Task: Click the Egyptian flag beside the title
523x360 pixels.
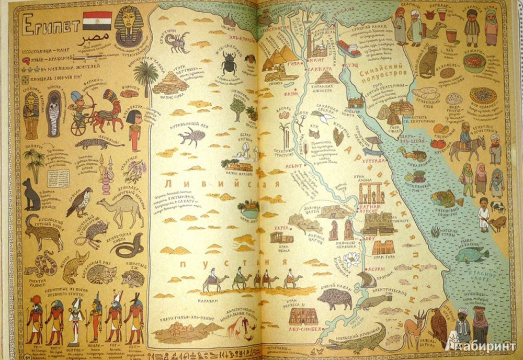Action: tap(98, 20)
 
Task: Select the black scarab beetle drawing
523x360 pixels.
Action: tap(229, 64)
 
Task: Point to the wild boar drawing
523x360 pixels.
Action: tap(334, 299)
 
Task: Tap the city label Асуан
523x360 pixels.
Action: tap(376, 269)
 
